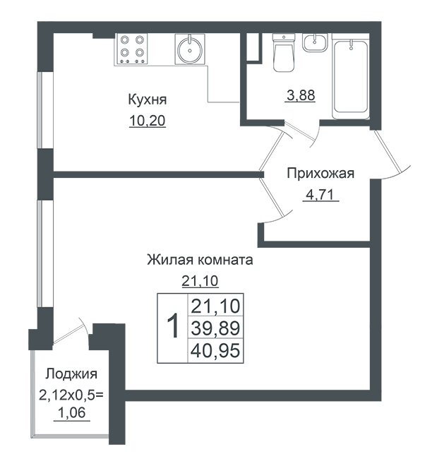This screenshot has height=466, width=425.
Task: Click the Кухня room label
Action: (x=147, y=100)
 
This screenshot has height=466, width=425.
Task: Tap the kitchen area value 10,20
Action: (x=148, y=121)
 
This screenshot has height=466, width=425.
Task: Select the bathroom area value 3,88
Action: (x=301, y=95)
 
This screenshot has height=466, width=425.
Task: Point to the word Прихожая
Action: (x=321, y=173)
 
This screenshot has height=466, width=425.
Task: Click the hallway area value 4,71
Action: (x=321, y=195)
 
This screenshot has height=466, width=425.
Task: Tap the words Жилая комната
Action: (x=200, y=260)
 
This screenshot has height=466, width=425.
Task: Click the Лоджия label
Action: (x=71, y=374)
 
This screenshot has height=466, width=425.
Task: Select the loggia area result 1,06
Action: (x=71, y=412)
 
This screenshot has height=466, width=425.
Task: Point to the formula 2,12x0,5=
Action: (x=71, y=395)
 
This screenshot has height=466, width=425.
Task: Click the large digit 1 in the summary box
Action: (x=173, y=325)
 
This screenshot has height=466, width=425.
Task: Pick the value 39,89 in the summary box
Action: (x=215, y=328)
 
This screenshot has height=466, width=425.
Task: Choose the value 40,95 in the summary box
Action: (x=215, y=350)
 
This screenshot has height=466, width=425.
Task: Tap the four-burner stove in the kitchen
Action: (x=131, y=49)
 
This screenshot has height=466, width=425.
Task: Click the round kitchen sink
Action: (x=190, y=49)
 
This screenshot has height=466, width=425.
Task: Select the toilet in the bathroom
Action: (x=284, y=52)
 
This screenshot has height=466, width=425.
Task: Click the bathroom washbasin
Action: (x=315, y=42)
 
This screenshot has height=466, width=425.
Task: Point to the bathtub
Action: (x=351, y=76)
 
